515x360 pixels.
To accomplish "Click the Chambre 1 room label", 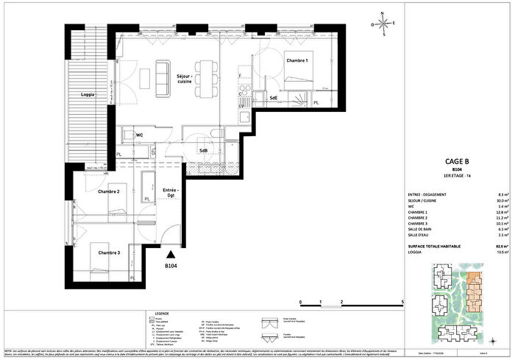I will coord(277,60).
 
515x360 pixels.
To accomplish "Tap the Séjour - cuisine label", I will coord(185,79).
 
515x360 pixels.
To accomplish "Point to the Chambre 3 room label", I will coord(109,253).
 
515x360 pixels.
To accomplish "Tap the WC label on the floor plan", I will coord(138,135).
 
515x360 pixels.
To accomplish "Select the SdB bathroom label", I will coord(203,151).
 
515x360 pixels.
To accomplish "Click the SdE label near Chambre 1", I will coord(273,97).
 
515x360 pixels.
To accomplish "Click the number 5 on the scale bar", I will coord(402,303).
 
